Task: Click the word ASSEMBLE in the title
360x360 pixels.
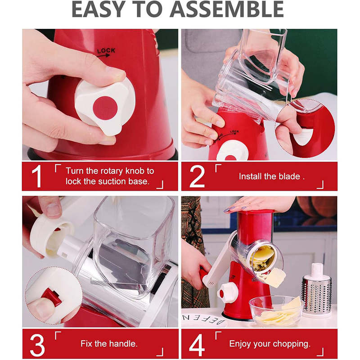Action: coord(227,9)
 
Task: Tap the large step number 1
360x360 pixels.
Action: coord(37,176)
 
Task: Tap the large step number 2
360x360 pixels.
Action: coord(197,176)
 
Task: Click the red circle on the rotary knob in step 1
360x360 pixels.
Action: coord(105,108)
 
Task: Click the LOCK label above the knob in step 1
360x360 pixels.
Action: coord(106,50)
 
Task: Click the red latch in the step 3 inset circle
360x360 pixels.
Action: coord(52,297)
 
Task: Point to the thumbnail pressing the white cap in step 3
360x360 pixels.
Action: coord(53,209)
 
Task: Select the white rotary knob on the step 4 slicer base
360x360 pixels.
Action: coord(228,293)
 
